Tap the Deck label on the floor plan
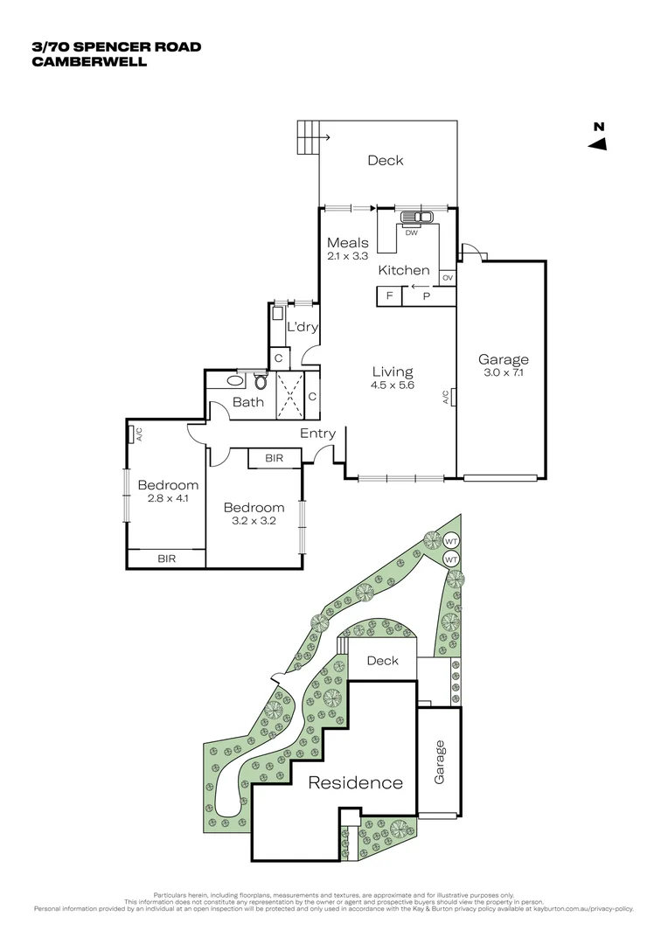tap(385, 160)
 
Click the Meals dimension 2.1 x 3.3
tap(347, 257)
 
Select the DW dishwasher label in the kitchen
tap(411, 233)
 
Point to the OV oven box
tap(447, 278)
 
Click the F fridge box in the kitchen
tap(389, 296)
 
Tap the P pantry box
tap(427, 296)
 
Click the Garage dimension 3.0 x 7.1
tap(503, 372)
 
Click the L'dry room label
tap(303, 327)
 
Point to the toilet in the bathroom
tap(261, 381)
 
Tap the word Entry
tap(317, 434)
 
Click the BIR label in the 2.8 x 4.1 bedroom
tap(166, 558)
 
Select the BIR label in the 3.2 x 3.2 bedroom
tap(273, 458)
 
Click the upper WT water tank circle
tap(451, 540)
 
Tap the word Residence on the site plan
tap(355, 782)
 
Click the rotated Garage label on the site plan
tap(440, 761)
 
